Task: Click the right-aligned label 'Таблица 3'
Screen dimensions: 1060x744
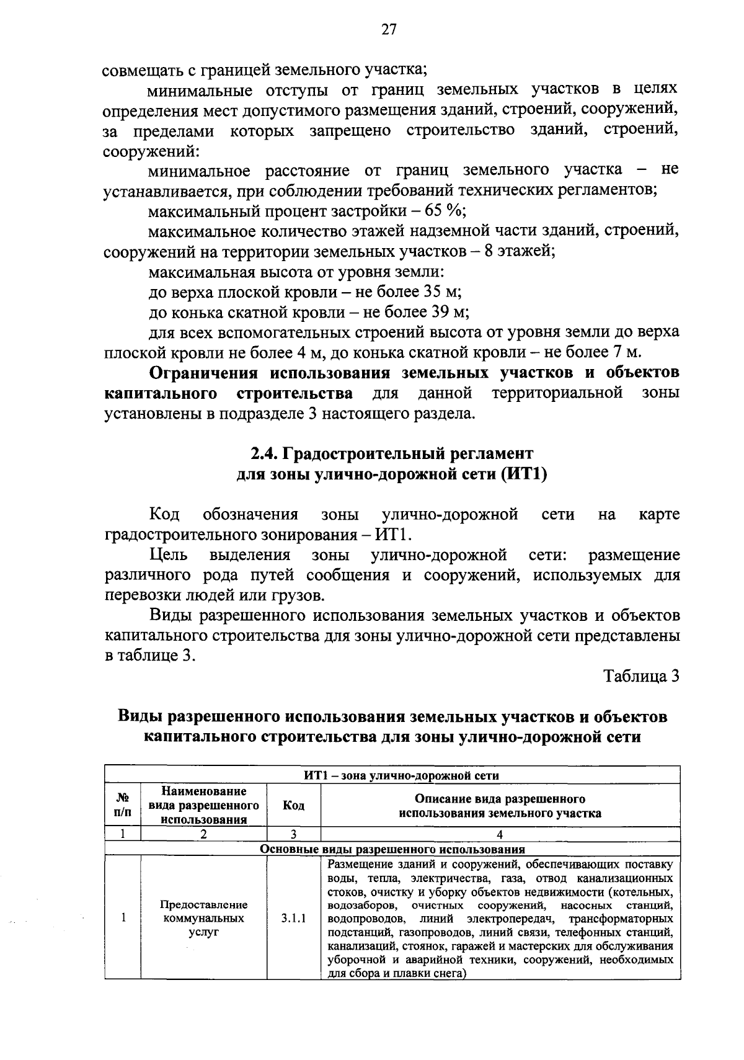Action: click(642, 676)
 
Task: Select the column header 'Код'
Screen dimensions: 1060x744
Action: click(293, 805)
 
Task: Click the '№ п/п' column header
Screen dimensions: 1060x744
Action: click(123, 805)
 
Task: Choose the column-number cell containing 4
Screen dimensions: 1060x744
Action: click(500, 834)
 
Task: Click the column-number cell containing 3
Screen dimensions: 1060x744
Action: click(293, 834)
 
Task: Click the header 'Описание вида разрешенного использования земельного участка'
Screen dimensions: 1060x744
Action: click(500, 805)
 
